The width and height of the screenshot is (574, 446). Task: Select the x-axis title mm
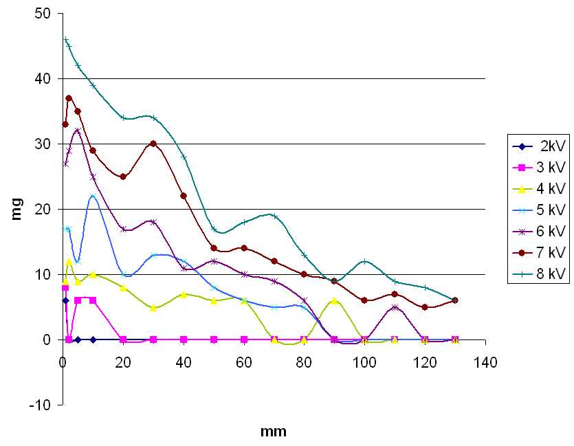[274, 432]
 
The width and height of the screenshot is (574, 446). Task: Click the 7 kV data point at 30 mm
[153, 144]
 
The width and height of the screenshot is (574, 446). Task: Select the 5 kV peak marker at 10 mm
[93, 197]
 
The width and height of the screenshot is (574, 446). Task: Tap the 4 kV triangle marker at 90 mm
[334, 300]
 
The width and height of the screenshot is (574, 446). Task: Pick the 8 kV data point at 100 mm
[364, 261]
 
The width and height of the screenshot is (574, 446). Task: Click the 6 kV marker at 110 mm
[395, 307]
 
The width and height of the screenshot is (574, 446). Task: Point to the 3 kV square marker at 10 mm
[93, 300]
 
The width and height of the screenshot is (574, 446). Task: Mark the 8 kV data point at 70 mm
[274, 216]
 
